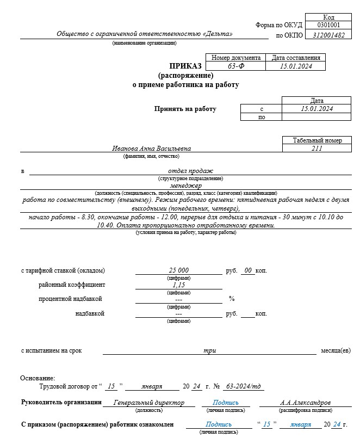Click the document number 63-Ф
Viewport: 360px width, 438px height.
tap(235, 66)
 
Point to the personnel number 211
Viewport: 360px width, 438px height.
tap(317, 148)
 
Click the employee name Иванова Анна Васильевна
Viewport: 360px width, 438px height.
tap(151, 148)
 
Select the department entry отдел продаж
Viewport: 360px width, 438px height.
tap(190, 171)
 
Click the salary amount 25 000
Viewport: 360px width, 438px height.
tap(178, 270)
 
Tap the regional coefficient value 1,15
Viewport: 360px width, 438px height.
tap(178, 285)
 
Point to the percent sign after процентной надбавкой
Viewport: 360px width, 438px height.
tap(232, 299)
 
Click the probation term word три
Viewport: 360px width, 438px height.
tap(209, 351)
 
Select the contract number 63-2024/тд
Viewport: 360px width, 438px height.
tap(243, 386)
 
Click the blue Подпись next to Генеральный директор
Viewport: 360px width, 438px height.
tap(225, 403)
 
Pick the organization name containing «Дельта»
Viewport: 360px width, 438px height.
tap(144, 34)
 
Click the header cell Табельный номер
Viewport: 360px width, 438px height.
tap(317, 140)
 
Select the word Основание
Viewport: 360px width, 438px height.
tap(38, 378)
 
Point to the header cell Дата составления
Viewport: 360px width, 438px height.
tap(295, 58)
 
